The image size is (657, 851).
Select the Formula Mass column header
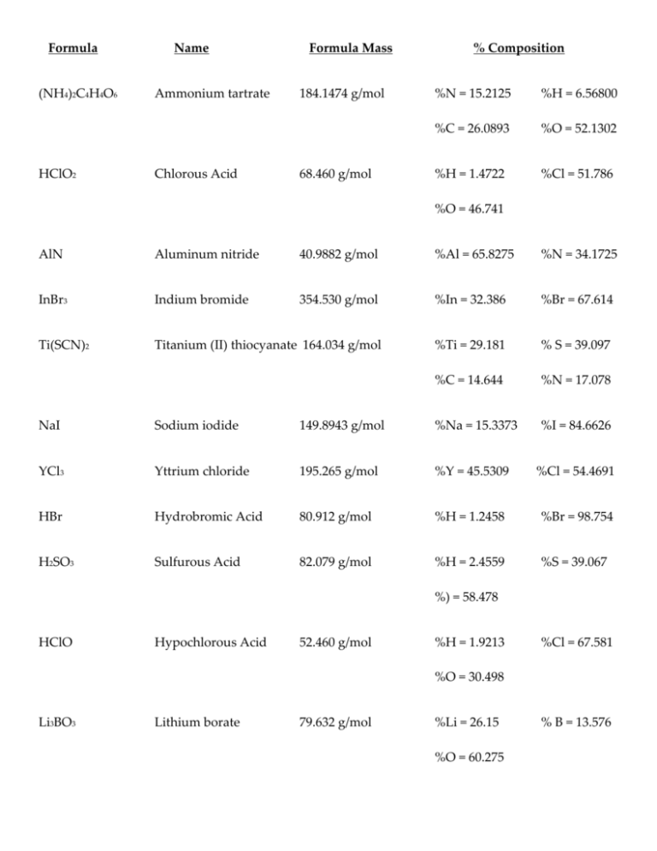[x=350, y=48]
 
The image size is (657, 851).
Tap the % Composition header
[x=518, y=48]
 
